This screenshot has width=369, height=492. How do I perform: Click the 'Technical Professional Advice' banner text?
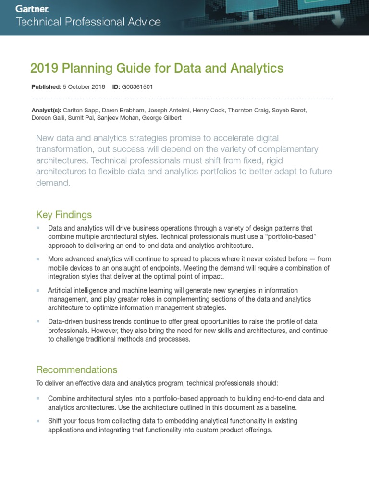tap(89, 22)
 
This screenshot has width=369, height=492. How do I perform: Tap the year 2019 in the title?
tap(42, 69)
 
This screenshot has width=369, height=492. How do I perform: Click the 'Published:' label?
tap(46, 87)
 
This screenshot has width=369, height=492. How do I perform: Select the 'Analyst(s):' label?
tap(46, 110)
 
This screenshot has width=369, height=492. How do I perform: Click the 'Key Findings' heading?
tap(64, 214)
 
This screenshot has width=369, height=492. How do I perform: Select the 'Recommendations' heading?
tap(77, 369)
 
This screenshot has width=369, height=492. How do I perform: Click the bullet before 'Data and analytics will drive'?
tap(38, 228)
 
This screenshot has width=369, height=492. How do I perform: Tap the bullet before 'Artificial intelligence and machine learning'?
tap(38, 291)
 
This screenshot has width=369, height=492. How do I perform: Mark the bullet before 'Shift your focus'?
tap(38, 421)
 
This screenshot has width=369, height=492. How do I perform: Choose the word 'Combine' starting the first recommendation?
tap(61, 399)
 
